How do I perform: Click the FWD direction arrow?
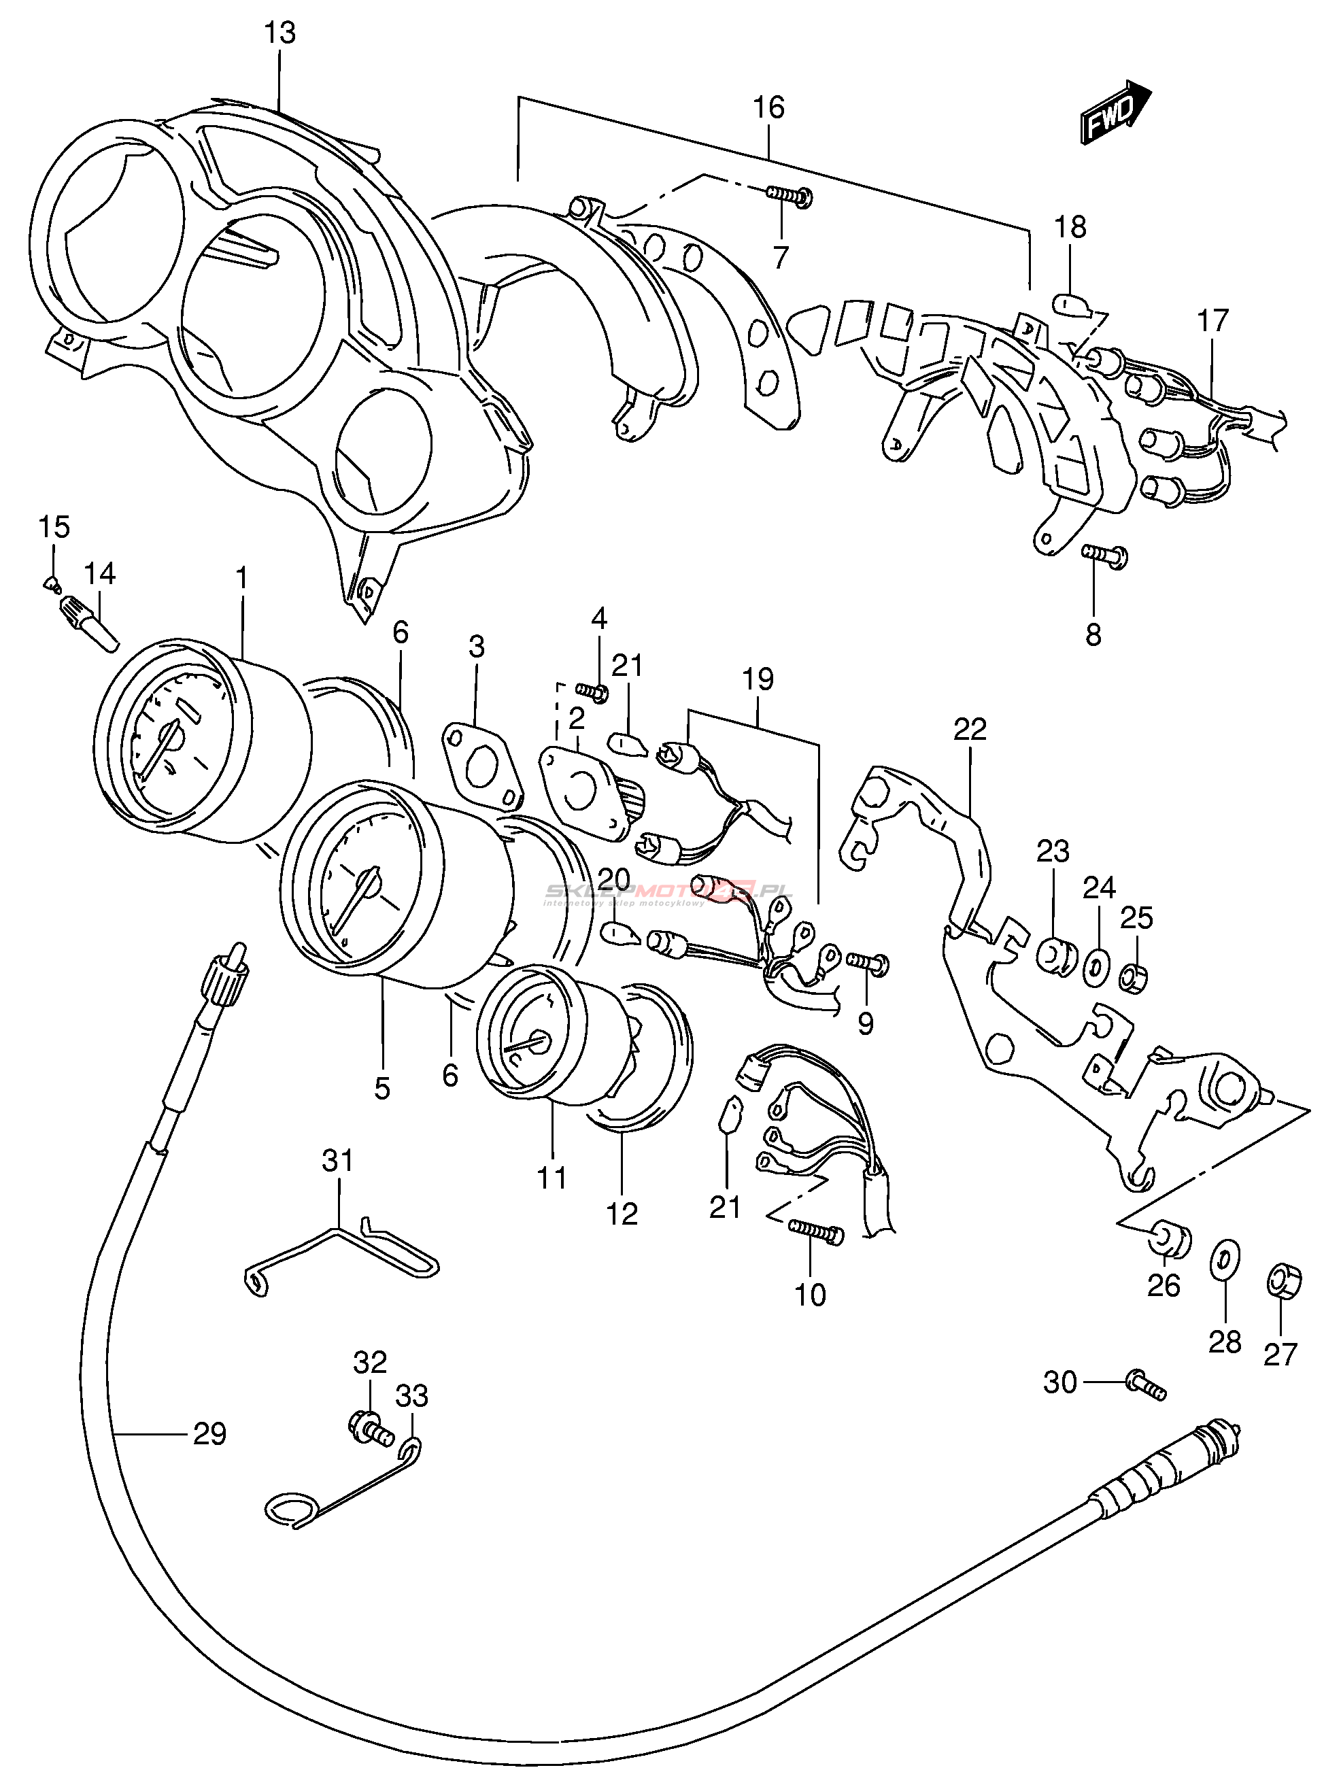1114,115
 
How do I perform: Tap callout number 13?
279,34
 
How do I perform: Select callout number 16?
768,107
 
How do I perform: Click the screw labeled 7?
790,194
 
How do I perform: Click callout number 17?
1212,321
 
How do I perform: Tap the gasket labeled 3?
481,764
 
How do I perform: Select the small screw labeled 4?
593,692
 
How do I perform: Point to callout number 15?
54,527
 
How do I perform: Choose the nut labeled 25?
1133,980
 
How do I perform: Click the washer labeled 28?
1225,1262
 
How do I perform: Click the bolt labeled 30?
1147,1386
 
